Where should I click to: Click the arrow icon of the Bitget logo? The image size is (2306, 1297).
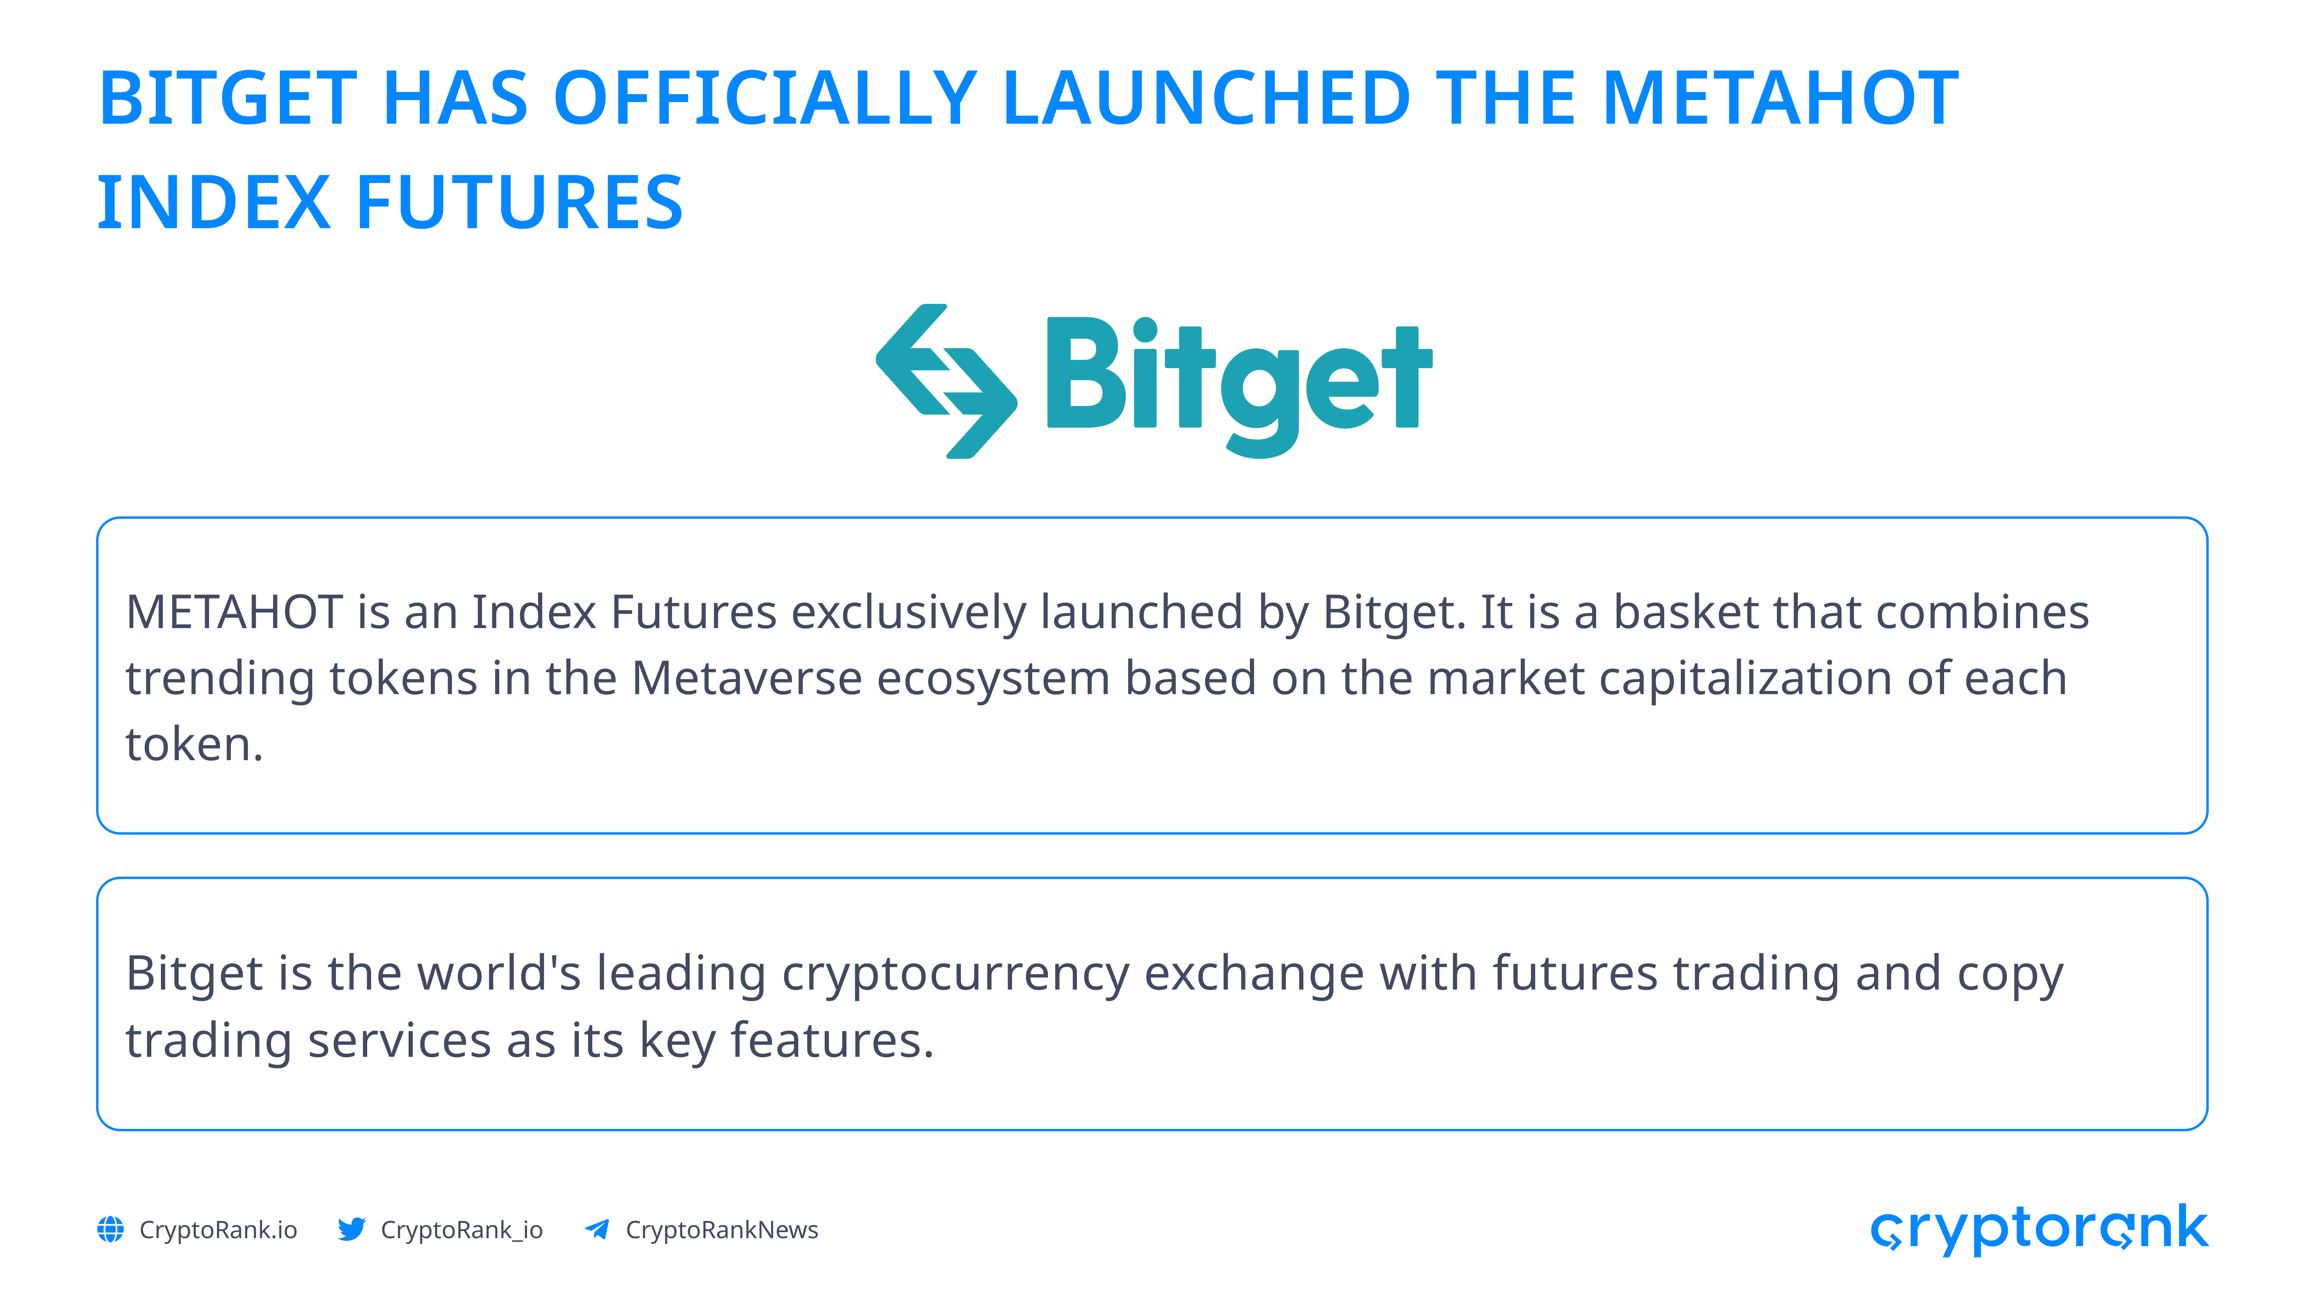(x=946, y=381)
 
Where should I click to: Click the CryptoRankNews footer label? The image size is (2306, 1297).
(x=721, y=1230)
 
